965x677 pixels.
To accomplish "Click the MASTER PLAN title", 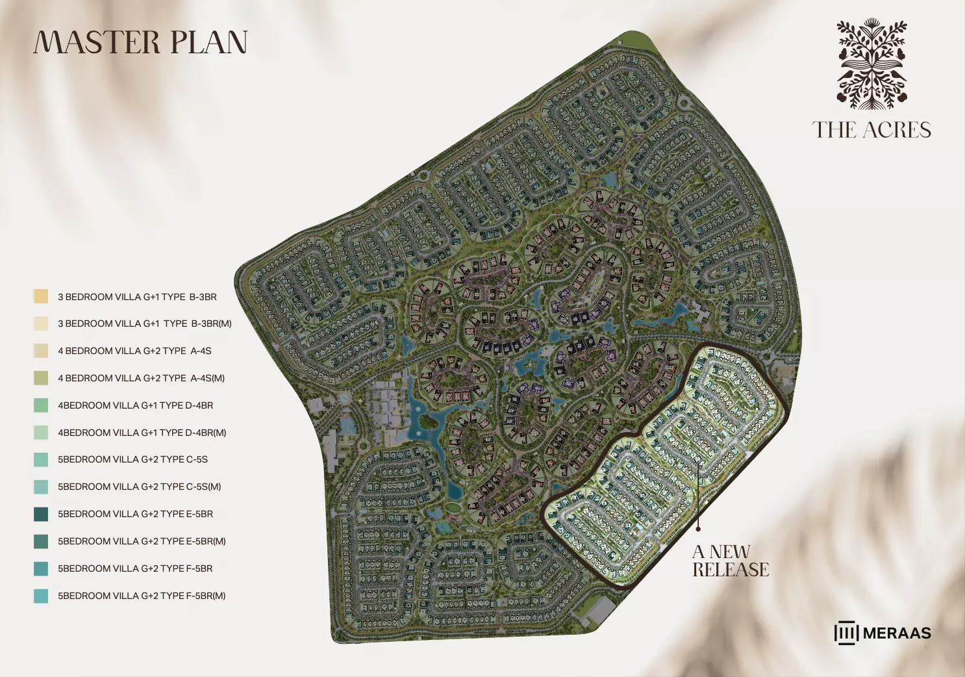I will tap(140, 42).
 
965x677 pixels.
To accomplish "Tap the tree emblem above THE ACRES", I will tap(871, 64).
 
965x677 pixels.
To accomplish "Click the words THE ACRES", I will tap(871, 130).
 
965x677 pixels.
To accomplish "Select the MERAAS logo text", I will tap(897, 633).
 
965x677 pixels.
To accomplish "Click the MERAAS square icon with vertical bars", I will tap(846, 633).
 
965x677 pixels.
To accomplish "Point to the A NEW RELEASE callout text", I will tap(730, 561).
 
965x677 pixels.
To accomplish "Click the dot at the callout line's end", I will tap(698, 529).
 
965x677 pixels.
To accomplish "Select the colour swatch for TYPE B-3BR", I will tap(41, 296).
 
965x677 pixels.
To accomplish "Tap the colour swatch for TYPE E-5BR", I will tap(41, 514).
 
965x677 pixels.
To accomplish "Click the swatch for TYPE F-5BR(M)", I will tap(41, 596).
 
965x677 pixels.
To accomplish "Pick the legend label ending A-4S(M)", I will tap(141, 378).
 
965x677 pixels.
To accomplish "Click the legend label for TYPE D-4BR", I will tap(135, 405).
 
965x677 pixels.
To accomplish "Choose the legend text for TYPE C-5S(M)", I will tap(139, 487).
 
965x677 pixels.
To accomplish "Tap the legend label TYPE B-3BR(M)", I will tap(144, 324).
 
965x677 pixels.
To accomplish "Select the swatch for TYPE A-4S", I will tap(41, 351).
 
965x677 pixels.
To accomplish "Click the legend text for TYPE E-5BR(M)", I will tap(142, 541).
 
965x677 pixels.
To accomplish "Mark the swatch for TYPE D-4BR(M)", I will tap(41, 433).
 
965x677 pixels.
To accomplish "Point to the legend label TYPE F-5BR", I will tap(135, 568).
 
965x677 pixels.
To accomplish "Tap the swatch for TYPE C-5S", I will tap(41, 459).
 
